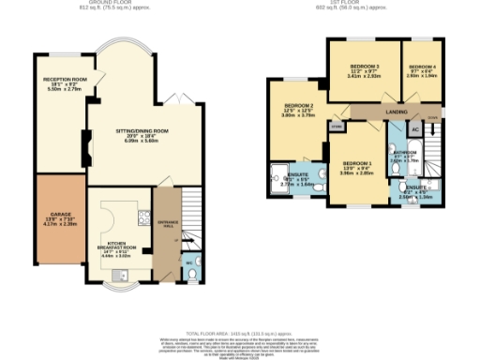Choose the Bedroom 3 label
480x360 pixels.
click(x=365, y=68)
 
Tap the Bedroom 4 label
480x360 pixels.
click(x=423, y=68)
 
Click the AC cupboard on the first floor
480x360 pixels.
click(x=414, y=130)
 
